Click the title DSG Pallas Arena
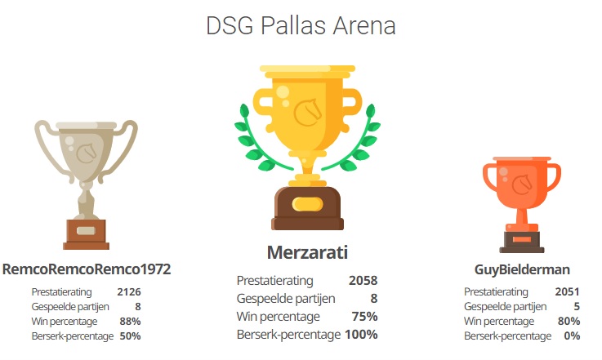click(301, 26)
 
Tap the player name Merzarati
click(307, 252)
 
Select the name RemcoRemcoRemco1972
click(87, 269)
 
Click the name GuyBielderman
click(522, 269)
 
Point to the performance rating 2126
click(129, 292)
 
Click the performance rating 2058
click(363, 281)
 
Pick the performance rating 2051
click(567, 291)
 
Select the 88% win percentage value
click(130, 322)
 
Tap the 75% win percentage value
click(365, 317)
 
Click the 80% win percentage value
click(569, 321)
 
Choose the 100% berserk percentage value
click(361, 335)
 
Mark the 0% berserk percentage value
click(572, 336)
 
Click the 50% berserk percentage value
click(130, 336)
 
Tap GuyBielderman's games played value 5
click(577, 307)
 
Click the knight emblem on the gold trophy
click(307, 113)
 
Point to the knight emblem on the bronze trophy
click(522, 184)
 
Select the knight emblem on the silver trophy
click(87, 153)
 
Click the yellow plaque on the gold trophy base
click(307, 204)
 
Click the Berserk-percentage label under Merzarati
click(288, 335)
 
